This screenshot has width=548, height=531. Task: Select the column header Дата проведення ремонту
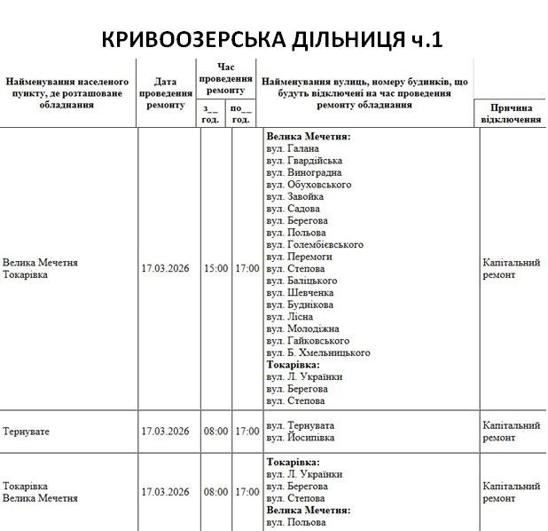[x=166, y=92]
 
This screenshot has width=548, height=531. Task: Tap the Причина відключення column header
[x=511, y=113]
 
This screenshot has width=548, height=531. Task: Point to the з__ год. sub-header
[x=211, y=114]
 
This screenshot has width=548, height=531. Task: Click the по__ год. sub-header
[x=241, y=114]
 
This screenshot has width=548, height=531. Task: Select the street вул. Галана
[x=292, y=149]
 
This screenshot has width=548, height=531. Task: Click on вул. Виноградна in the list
[x=304, y=173]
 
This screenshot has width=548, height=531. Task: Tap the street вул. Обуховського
[x=309, y=185]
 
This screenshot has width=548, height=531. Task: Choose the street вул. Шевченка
[x=300, y=293]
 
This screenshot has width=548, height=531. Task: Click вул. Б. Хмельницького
[x=317, y=353]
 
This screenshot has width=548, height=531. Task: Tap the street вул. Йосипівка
[x=301, y=438]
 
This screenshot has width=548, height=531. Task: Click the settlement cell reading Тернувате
[x=26, y=432]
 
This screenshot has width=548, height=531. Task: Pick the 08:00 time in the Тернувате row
[x=215, y=432]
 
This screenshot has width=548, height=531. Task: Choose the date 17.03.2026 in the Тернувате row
[x=166, y=432]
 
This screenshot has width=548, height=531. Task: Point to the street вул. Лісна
[x=289, y=317]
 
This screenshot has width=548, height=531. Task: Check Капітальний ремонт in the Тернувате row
[x=511, y=432]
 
